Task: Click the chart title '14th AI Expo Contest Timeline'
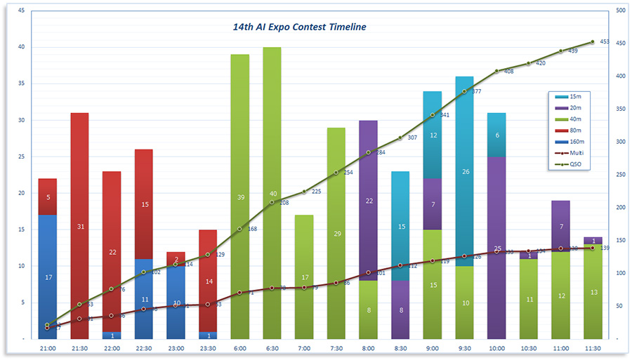pyautogui.click(x=299, y=27)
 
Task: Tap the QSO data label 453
pyautogui.click(x=605, y=42)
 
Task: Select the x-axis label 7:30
pyautogui.click(x=336, y=347)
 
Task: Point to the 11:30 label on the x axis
pyautogui.click(x=593, y=347)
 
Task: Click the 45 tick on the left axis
pyautogui.click(x=21, y=11)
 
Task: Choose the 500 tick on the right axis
pyautogui.click(x=620, y=11)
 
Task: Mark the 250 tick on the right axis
pyautogui.click(x=620, y=175)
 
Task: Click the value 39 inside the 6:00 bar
pyautogui.click(x=239, y=198)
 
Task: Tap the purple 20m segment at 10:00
pyautogui.click(x=496, y=211)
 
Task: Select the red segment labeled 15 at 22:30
pyautogui.click(x=143, y=204)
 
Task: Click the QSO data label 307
pyautogui.click(x=412, y=138)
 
